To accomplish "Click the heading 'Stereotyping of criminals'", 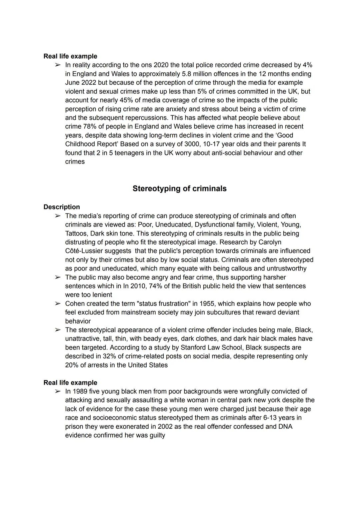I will [x=179, y=189].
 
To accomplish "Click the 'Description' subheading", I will [x=62, y=207].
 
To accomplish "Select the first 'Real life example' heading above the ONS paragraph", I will [x=70, y=56].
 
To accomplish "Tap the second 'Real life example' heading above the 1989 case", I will [x=70, y=383].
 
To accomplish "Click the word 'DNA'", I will [x=285, y=427].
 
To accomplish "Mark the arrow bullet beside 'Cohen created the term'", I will [x=58, y=304].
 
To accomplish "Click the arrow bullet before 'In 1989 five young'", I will [x=58, y=391].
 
